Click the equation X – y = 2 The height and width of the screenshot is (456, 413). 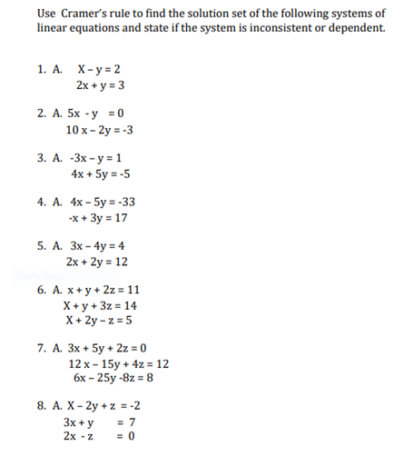point(101,69)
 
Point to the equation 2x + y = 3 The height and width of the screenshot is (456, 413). point(101,85)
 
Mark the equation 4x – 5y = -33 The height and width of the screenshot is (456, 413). point(103,202)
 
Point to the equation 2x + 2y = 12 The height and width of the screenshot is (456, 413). point(103,262)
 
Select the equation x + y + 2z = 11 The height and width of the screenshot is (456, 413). point(103,290)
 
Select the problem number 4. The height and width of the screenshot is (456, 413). point(42,202)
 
